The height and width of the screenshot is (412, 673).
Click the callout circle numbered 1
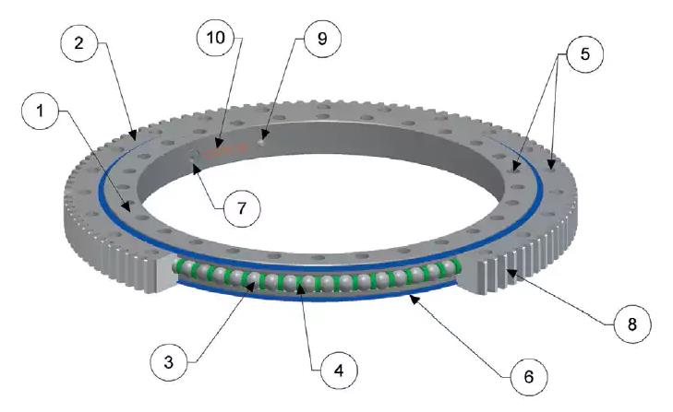coord(40,112)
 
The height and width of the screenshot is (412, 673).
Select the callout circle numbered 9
coord(321,39)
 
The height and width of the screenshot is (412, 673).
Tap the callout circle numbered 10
coord(217,39)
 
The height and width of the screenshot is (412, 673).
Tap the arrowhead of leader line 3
coord(249,280)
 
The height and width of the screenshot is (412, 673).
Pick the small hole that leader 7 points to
coord(192,163)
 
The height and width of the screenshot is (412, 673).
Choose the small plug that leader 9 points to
coord(263,141)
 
